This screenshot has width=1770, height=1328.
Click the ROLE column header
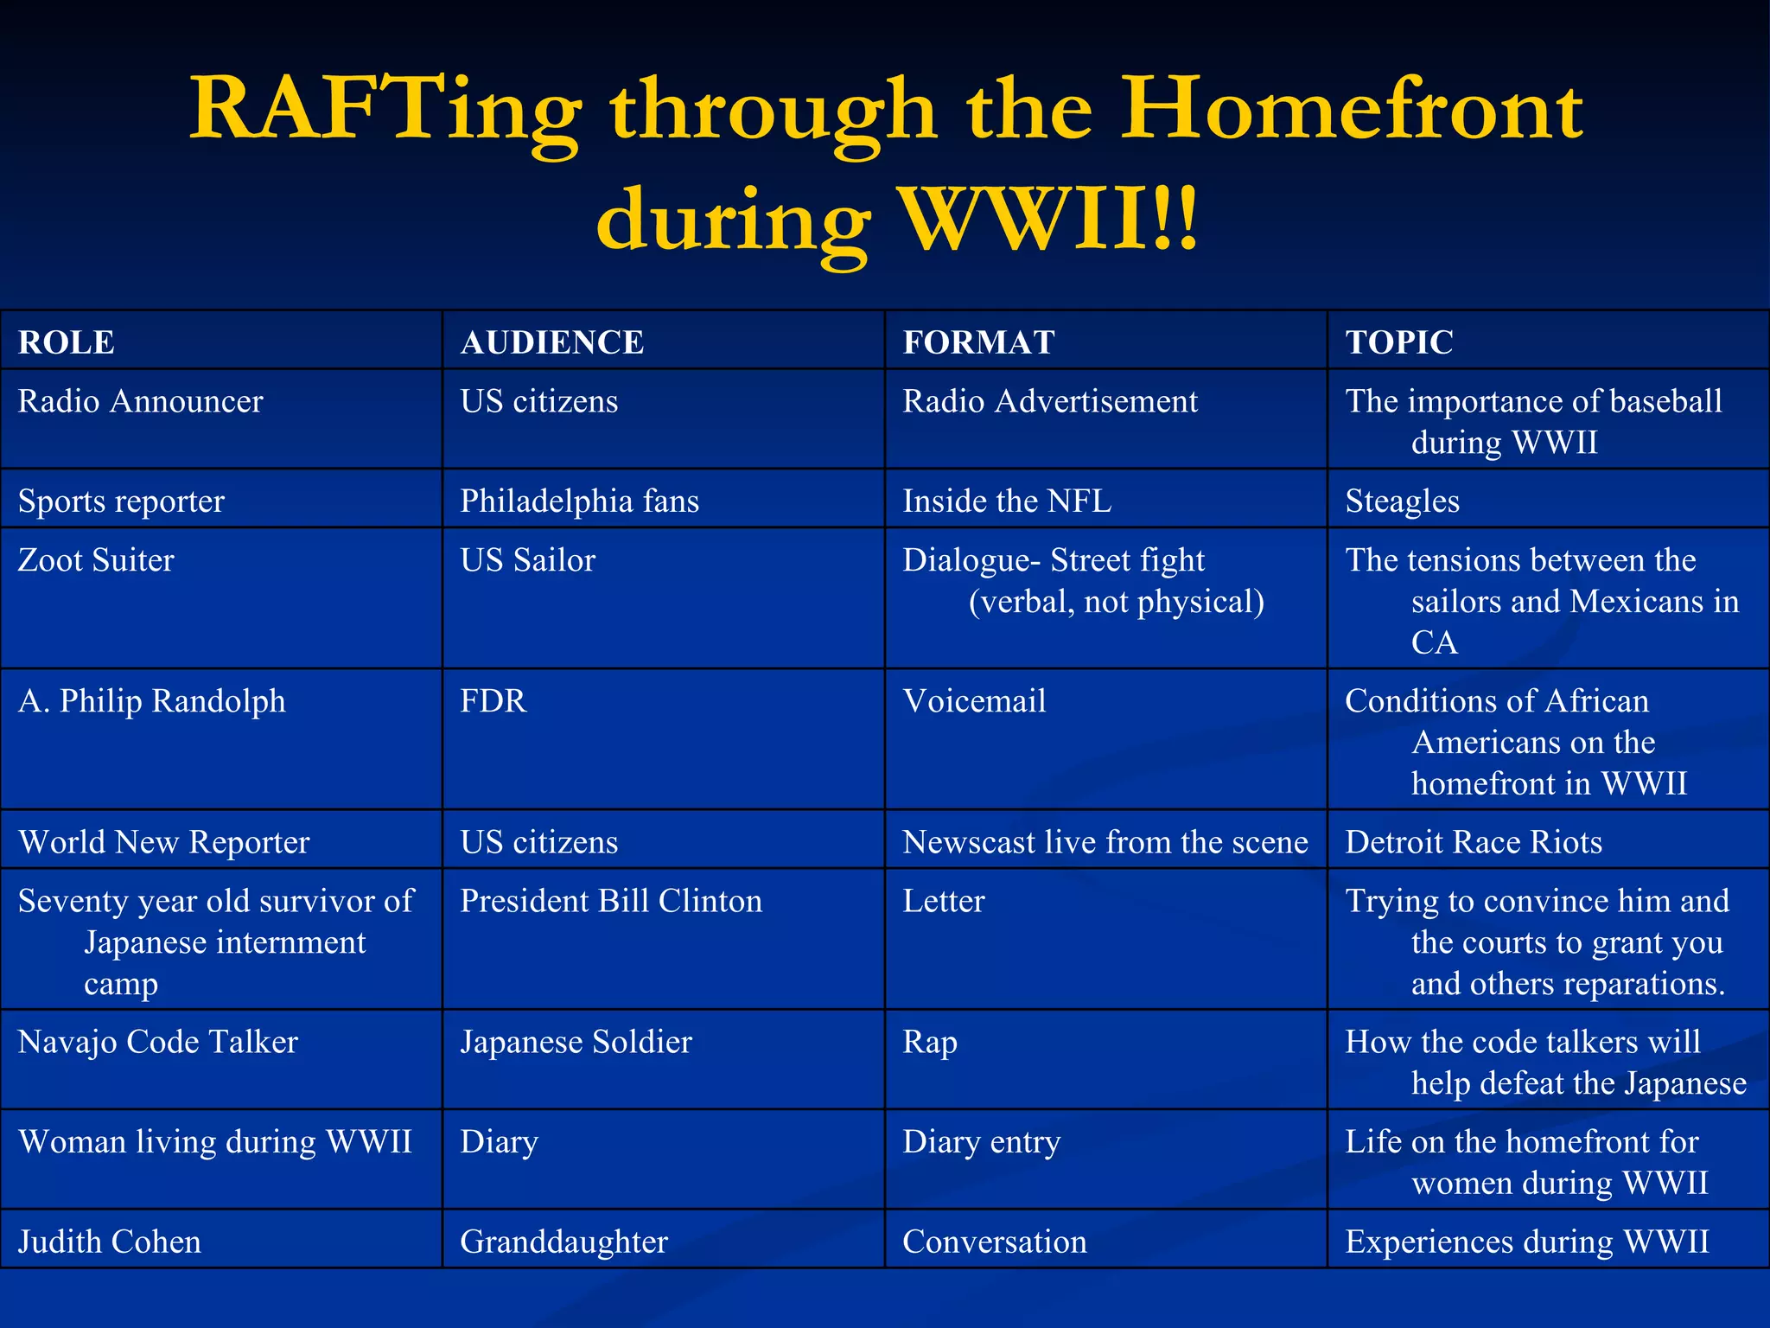coord(67,342)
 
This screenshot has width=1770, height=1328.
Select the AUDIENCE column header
coord(552,342)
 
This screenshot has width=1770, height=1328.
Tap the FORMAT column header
coord(978,342)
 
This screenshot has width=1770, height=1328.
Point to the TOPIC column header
coord(1399,342)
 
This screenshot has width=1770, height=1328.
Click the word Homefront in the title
coord(1352,111)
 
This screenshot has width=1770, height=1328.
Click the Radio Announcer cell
coord(141,402)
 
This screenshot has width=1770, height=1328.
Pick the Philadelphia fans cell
coord(580,501)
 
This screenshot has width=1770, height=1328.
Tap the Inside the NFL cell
coord(1007,501)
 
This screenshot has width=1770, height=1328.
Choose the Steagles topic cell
coord(1402,501)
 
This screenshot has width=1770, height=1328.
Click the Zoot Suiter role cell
coord(96,560)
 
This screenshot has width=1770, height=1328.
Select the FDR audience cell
coord(493,701)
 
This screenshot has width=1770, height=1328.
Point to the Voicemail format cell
coord(974,701)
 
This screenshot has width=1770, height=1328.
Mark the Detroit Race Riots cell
coord(1474,842)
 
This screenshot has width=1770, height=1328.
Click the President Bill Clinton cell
coord(611,902)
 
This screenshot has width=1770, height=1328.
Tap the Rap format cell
coord(930,1043)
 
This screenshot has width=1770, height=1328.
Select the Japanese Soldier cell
coord(576,1043)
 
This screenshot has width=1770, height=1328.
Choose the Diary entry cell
coord(982,1142)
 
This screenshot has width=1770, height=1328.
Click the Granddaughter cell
coord(564,1242)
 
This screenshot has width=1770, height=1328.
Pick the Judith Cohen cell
coord(110,1242)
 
